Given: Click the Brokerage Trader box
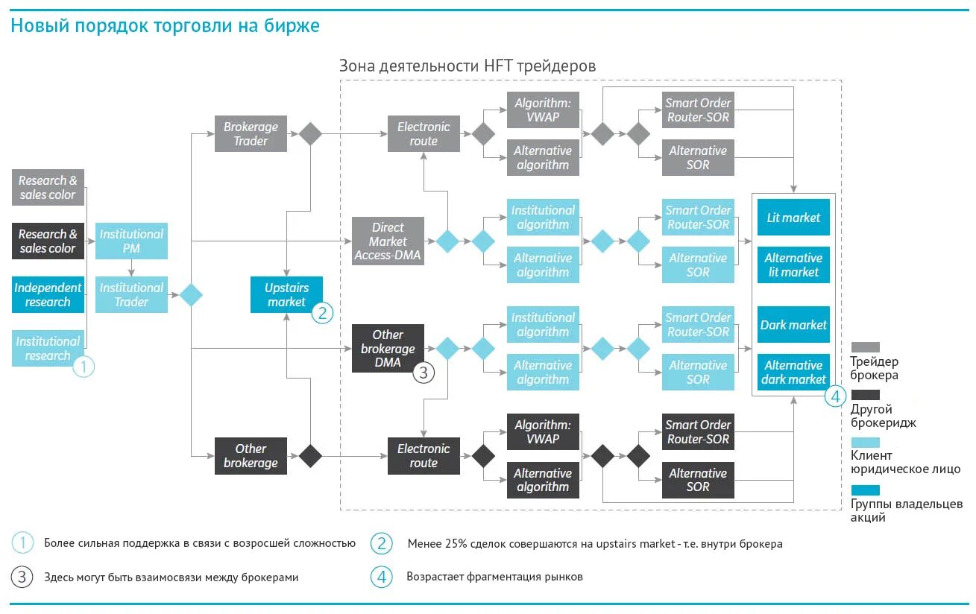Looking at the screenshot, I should (x=251, y=134).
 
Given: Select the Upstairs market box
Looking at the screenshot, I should (x=286, y=294).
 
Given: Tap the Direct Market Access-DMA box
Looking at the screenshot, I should (x=388, y=241).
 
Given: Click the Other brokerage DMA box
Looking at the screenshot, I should (x=388, y=348).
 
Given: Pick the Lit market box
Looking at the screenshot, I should (x=793, y=218).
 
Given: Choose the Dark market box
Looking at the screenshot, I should (x=793, y=325).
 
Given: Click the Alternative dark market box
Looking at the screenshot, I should (x=793, y=372).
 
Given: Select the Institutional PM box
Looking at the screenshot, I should (x=131, y=241).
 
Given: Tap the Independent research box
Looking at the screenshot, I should (x=48, y=294).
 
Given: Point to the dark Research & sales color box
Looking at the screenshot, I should (x=48, y=241).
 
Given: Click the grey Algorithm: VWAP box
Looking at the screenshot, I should (x=543, y=110).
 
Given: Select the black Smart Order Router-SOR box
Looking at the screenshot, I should (x=698, y=431).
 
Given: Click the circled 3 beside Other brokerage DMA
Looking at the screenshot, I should (x=423, y=372).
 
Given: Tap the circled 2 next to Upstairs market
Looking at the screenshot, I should (x=322, y=313).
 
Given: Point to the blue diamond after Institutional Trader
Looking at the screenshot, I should (x=192, y=295).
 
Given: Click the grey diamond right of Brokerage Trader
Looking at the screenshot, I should (x=310, y=134).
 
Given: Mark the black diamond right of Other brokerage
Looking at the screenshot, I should (x=310, y=455).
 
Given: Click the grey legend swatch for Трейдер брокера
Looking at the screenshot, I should (x=865, y=347).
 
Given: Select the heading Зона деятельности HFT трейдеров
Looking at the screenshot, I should (x=467, y=66).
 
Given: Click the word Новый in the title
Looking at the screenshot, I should (x=35, y=26).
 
